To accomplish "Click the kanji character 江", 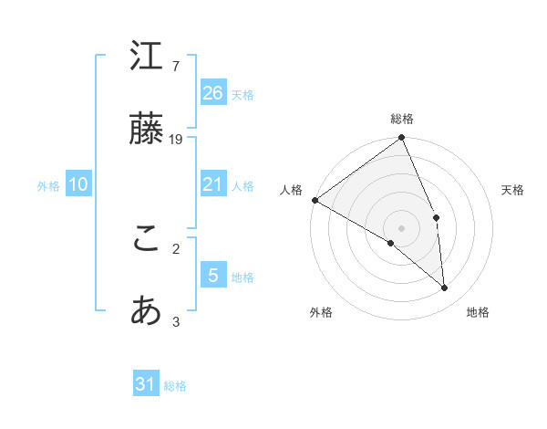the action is pos(147,58).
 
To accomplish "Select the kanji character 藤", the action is pos(147,130).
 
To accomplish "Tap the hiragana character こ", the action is pos(147,239).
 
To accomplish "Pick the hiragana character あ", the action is pos(147,311).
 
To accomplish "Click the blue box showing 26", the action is pos(212,92).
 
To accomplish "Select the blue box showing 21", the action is pos(212,184).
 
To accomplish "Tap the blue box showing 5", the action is pos(212,275).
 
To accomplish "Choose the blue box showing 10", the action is pos(78,184).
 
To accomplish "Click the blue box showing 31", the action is pos(146,384).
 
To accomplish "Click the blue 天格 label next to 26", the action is pos(243,94).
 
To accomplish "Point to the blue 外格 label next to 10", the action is pos(48,186).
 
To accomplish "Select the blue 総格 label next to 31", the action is pos(175,386).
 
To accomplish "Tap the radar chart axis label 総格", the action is pos(402,119).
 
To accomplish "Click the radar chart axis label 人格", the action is pos(291,190).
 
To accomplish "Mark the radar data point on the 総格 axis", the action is pos(402,139).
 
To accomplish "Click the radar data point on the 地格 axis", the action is pos(445,288).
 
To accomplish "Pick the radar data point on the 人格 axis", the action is pos(315,200).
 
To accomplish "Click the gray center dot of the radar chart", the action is pos(402,227).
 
